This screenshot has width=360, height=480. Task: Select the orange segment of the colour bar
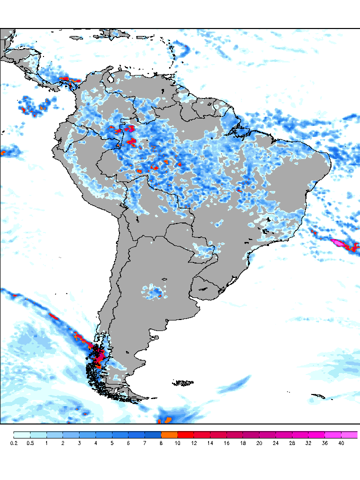(169, 434)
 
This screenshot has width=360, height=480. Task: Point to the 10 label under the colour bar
(178, 443)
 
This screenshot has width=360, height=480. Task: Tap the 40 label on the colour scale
(341, 443)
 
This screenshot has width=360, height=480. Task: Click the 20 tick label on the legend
(259, 443)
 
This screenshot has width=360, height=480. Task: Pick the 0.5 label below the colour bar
(30, 443)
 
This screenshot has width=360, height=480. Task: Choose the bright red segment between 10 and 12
(186, 434)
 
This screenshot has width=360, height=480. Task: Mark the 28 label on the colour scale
(292, 443)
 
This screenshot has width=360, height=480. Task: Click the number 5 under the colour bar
(112, 443)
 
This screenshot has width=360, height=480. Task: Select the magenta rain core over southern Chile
(99, 356)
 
